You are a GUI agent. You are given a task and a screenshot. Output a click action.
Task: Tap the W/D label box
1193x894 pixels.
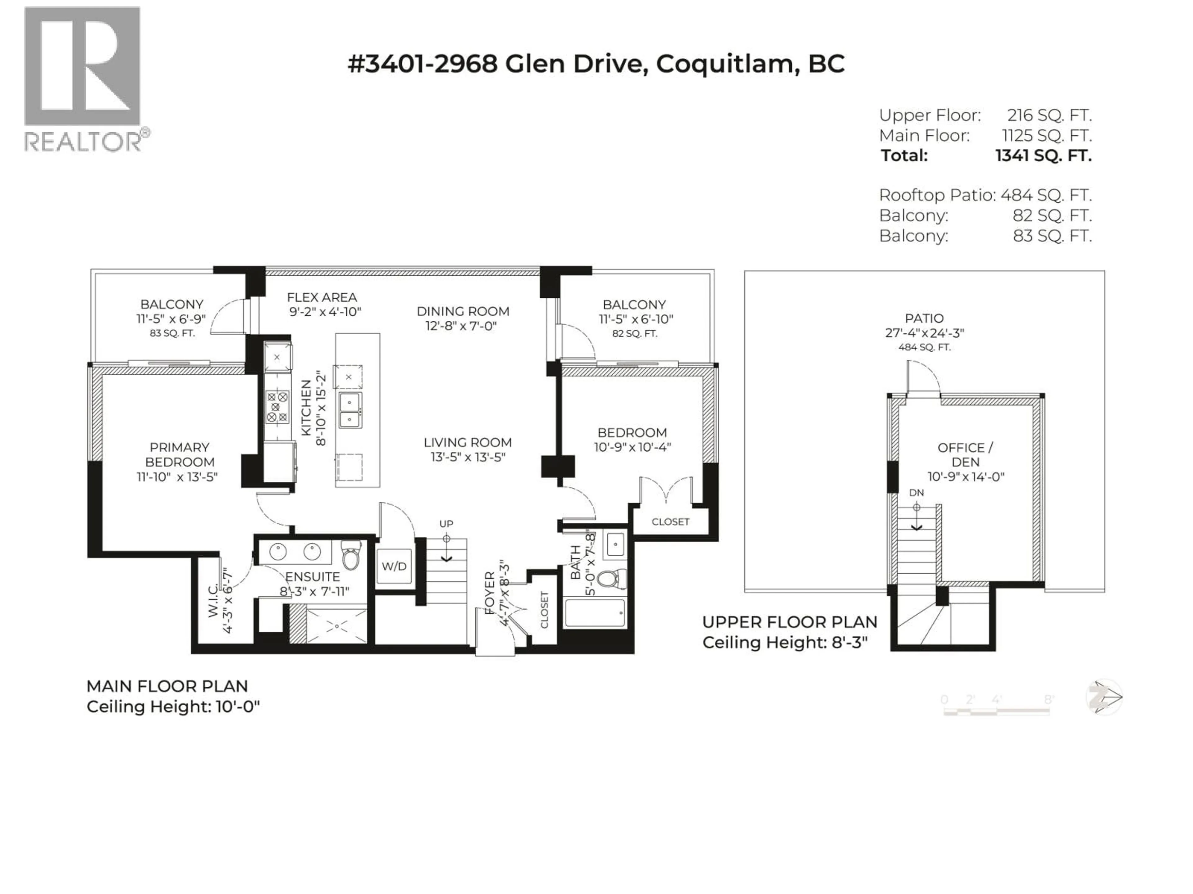[x=394, y=566]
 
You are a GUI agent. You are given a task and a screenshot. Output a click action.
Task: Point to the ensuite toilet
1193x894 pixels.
[x=351, y=557]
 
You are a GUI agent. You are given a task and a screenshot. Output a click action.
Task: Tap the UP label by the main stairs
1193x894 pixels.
[x=446, y=523]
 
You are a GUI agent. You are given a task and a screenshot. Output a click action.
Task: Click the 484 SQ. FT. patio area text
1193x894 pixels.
[x=924, y=347]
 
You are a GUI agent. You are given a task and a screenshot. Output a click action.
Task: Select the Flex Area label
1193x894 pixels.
[x=322, y=297]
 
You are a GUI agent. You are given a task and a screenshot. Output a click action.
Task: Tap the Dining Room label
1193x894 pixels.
[x=463, y=311]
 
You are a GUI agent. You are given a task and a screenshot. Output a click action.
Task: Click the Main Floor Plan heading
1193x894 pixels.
[x=167, y=686]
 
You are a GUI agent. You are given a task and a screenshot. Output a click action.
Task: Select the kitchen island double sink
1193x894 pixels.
[x=350, y=409]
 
